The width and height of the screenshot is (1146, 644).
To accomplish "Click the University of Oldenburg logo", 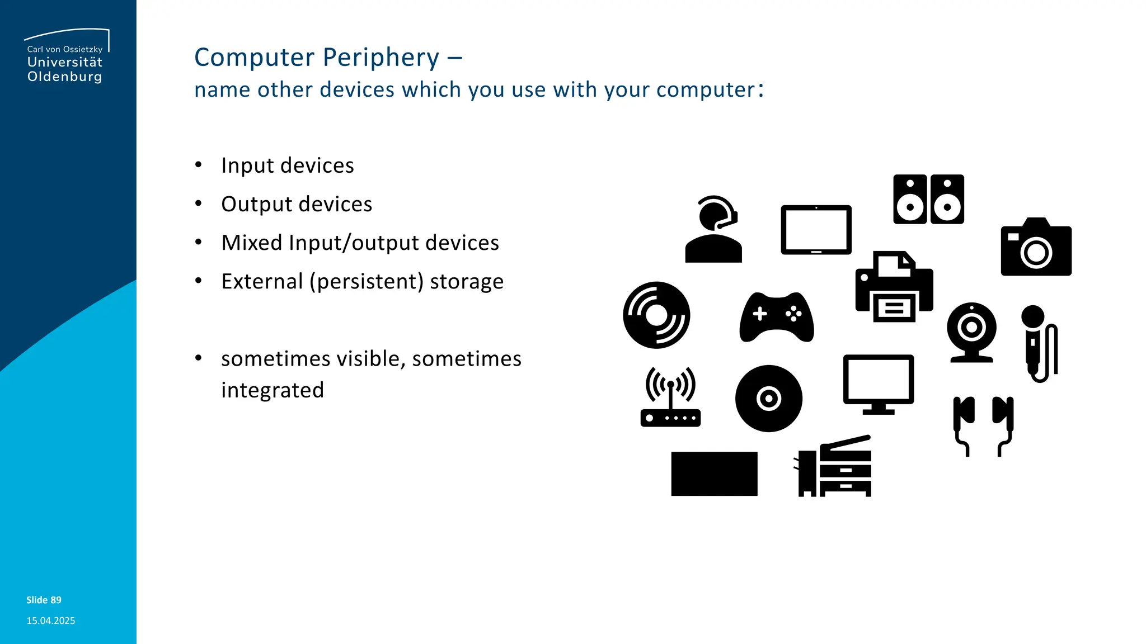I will pos(66,56).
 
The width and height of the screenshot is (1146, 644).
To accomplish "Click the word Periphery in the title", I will pos(381,58).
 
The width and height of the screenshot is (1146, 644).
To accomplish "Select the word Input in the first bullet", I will pos(247,165).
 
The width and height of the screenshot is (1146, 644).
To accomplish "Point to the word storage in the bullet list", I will pos(466,281).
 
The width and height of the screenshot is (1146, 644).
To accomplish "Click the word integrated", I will pos(273,390).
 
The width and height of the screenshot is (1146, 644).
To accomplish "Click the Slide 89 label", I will pos(44,600).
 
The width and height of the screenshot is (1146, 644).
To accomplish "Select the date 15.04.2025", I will pos(50,621).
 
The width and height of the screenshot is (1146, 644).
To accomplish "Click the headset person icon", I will pos(713,229).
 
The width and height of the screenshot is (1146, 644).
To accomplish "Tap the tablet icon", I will pos(816,230).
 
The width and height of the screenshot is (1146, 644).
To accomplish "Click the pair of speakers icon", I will pos(928,200).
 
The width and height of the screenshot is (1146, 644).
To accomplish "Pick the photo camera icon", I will pos(1036,248).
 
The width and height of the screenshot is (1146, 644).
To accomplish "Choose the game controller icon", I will pos(777,317).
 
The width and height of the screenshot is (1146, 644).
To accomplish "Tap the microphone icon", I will pos(1038,342).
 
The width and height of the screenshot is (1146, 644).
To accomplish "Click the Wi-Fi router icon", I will pos(670,398).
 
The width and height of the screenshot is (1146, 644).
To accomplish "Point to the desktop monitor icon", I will pos(878,383).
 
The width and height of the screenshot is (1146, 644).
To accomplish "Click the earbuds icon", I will pos(983,425).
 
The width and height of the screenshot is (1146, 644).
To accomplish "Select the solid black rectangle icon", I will pos(714,473).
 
